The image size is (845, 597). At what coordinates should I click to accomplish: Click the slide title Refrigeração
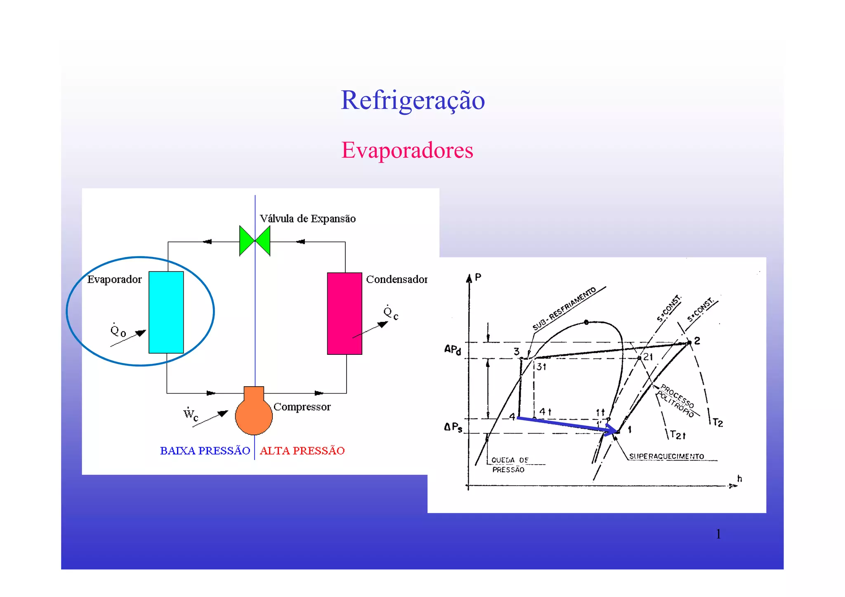tap(413, 100)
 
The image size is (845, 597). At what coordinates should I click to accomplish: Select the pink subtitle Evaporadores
tap(407, 150)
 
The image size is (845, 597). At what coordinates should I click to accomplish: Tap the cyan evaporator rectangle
tap(166, 312)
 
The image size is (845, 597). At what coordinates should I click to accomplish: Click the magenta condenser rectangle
tap(345, 313)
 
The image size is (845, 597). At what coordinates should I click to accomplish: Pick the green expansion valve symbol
tap(255, 241)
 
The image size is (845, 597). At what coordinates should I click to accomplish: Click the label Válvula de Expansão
tap(307, 219)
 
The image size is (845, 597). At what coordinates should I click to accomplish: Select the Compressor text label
tap(302, 407)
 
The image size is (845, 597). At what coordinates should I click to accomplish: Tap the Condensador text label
tap(397, 279)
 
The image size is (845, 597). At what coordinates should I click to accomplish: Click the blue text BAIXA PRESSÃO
tap(205, 451)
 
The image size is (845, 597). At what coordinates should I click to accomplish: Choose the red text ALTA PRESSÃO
tap(302, 451)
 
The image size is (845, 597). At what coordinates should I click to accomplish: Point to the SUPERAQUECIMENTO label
tap(666, 456)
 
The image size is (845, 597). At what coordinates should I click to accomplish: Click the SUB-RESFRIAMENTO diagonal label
tap(564, 308)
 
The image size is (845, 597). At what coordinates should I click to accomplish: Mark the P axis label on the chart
tap(478, 277)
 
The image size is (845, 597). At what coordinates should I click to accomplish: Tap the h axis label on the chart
tap(739, 479)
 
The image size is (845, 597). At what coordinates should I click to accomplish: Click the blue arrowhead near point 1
tap(611, 430)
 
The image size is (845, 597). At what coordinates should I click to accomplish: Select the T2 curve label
tap(718, 423)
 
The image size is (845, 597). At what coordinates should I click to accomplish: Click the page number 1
tap(718, 534)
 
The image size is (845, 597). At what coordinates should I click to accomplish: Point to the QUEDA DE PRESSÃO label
tap(509, 465)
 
